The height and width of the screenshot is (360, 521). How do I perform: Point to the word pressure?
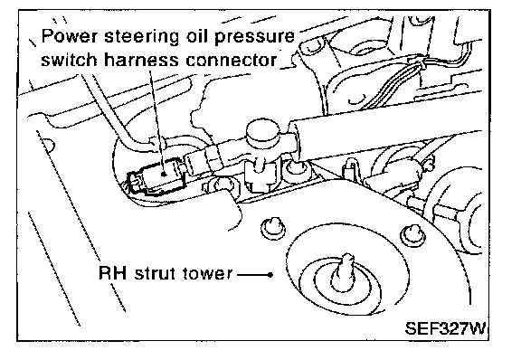[254, 37]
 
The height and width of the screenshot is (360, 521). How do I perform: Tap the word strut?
[156, 273]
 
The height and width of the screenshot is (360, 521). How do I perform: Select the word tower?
[207, 274]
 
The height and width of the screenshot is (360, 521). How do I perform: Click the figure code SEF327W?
[445, 328]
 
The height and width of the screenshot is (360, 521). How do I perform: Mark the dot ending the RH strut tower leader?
[270, 275]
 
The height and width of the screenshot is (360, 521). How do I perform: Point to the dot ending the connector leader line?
[164, 174]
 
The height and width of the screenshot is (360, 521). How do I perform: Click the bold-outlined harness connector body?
[158, 177]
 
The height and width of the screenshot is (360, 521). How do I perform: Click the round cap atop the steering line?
[262, 132]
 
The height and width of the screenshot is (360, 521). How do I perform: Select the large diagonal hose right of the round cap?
[382, 123]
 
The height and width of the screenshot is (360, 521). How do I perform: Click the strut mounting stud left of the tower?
[273, 227]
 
